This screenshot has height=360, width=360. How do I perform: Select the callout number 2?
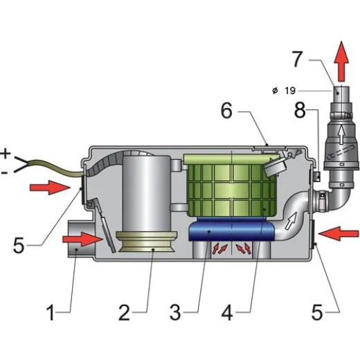125,313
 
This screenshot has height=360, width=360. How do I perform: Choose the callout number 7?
298,59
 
